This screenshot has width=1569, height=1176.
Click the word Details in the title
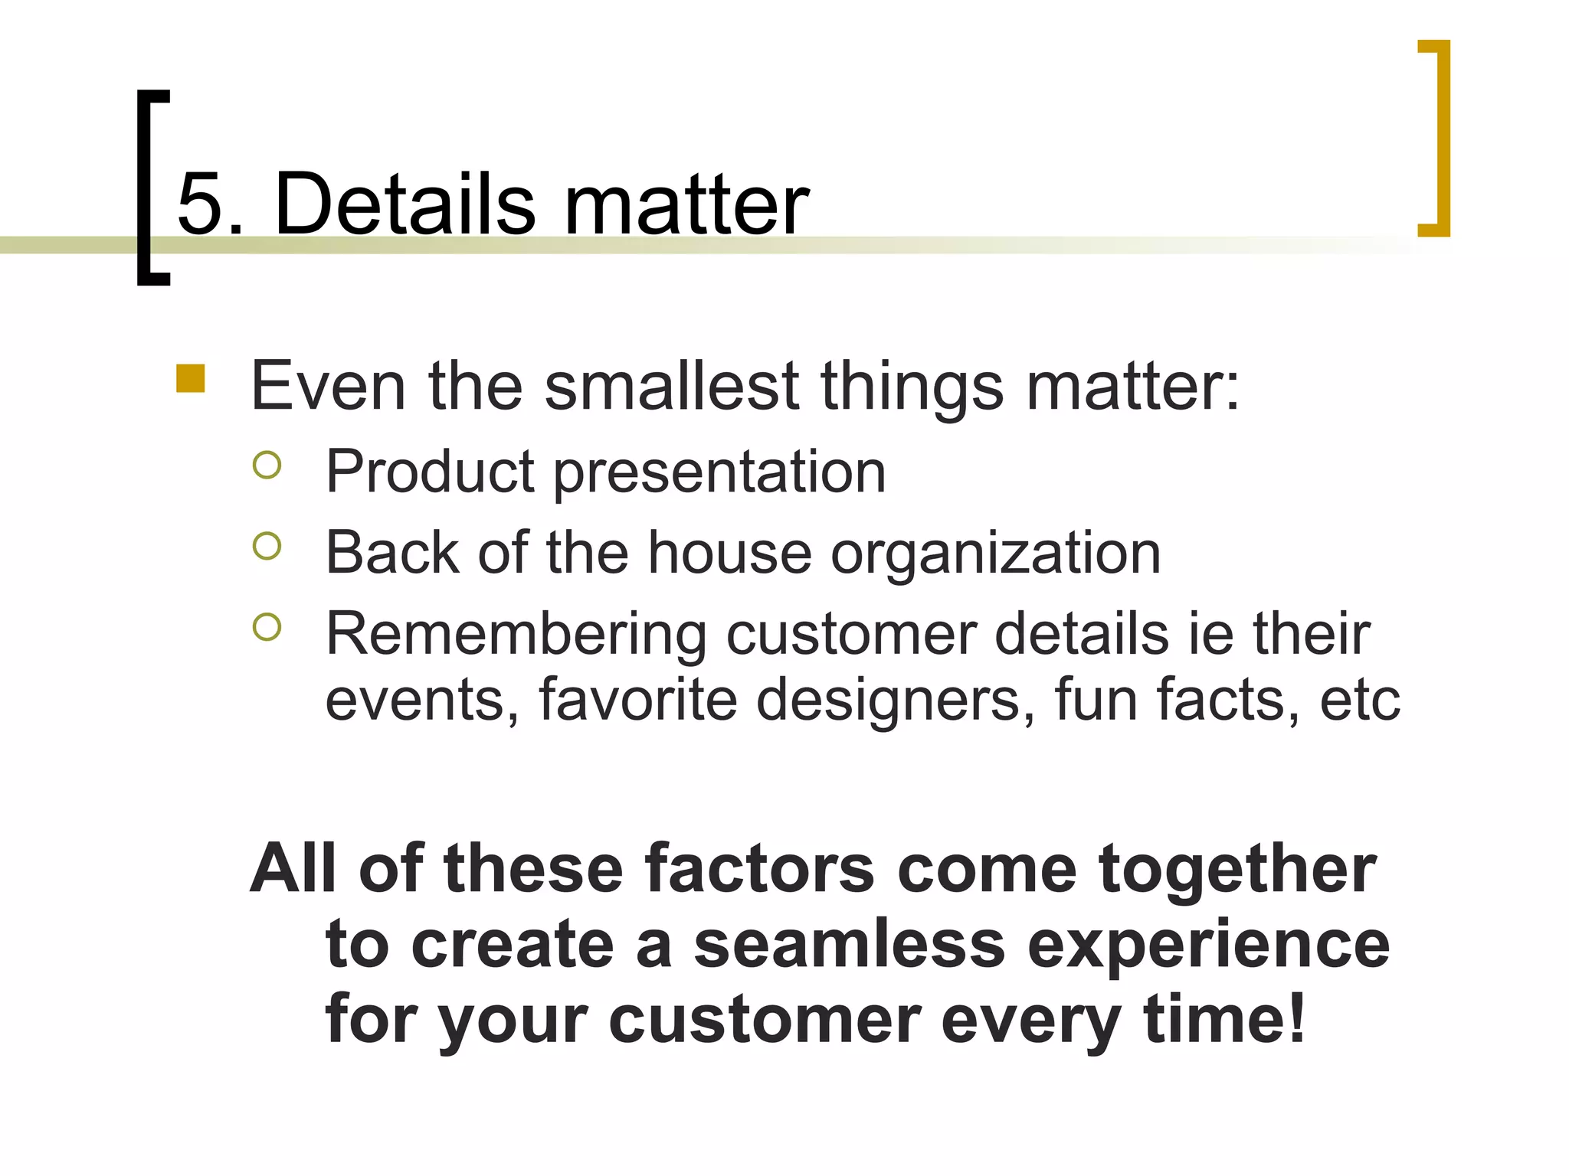[404, 204]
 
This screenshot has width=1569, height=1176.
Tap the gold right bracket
[1440, 138]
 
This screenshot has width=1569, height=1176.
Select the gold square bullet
[190, 378]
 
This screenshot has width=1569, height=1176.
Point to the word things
[912, 387]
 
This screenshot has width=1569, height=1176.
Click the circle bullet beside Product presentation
[267, 465]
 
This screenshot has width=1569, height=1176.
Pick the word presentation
[719, 472]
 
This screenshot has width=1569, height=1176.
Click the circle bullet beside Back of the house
[267, 546]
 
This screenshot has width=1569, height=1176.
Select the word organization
[995, 554]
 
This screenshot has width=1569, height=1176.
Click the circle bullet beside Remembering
[267, 627]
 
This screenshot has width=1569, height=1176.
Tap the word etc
[1360, 699]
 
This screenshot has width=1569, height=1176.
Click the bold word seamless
[849, 944]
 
